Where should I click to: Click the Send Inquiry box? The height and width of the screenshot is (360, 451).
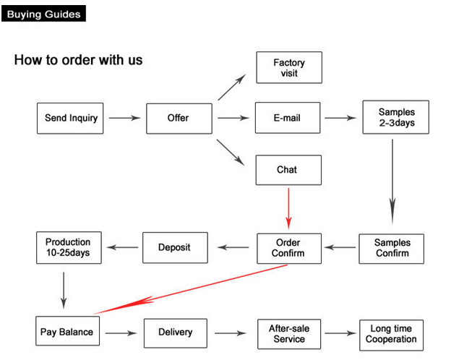(69, 118)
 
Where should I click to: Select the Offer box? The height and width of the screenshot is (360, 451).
(179, 118)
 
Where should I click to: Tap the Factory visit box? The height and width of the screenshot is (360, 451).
(288, 68)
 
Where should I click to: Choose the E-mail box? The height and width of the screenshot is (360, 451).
(288, 118)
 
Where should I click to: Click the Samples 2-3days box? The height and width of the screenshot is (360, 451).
(396, 118)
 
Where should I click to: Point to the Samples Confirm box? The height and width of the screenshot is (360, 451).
(392, 248)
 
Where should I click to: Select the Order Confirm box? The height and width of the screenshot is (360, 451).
(288, 248)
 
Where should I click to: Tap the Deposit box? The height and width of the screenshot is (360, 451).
(175, 248)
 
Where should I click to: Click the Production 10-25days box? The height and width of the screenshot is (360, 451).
(68, 247)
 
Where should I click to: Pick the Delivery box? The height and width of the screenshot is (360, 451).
(175, 332)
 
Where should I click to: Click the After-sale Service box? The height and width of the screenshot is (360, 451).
(288, 333)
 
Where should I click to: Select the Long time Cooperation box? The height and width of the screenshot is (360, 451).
(391, 334)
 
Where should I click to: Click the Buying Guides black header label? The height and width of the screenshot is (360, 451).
(43, 14)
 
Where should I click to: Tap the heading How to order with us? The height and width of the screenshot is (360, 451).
(78, 60)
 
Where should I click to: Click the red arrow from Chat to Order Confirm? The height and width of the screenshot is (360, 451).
(288, 208)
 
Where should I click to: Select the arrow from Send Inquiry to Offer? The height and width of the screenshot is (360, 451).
(124, 118)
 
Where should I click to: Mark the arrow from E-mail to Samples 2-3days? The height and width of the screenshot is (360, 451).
(342, 118)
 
